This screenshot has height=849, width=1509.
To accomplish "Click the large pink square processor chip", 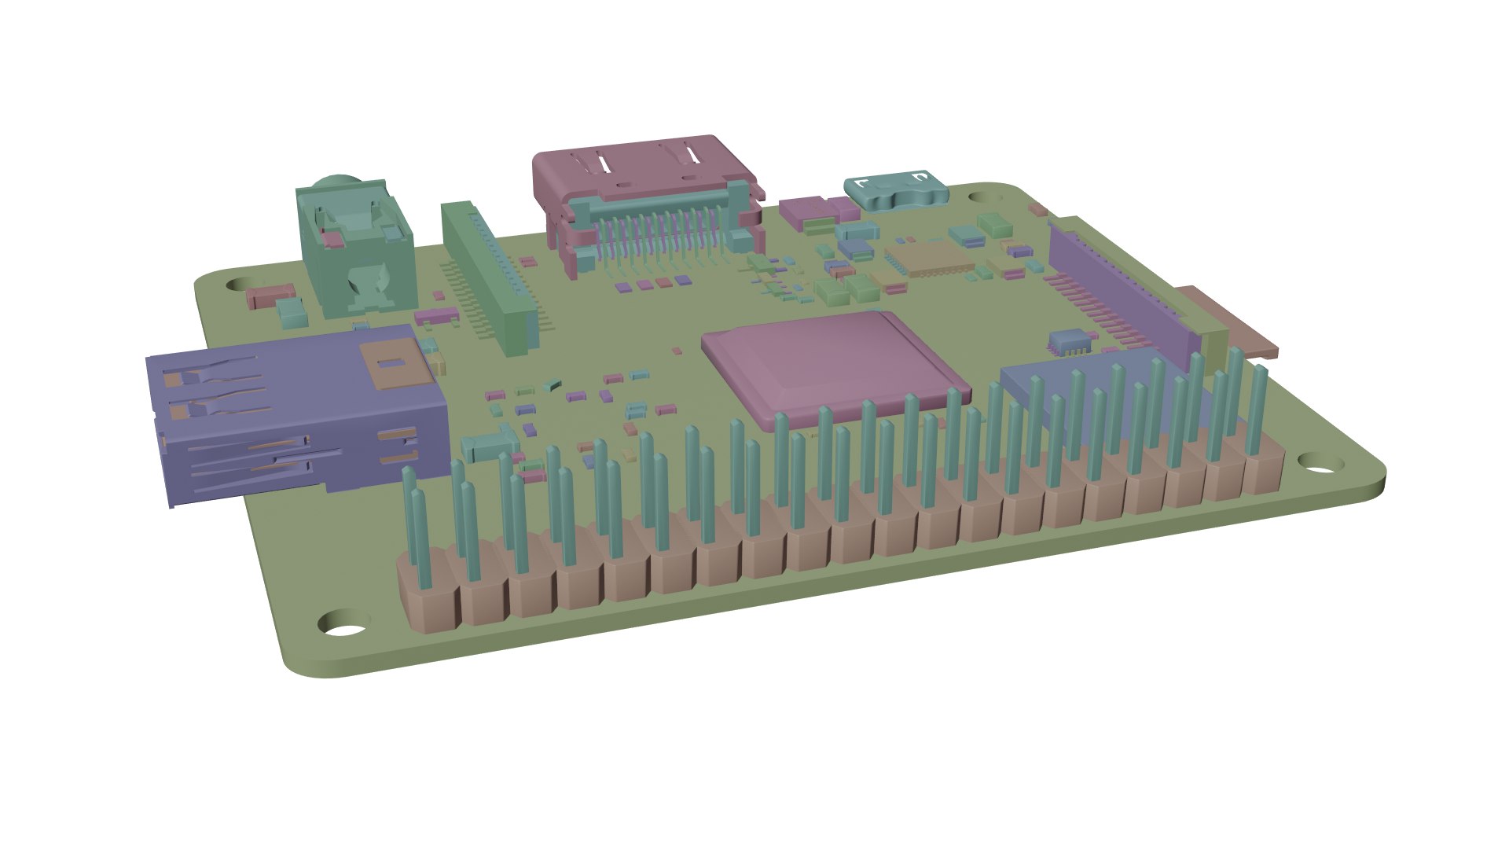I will [833, 366].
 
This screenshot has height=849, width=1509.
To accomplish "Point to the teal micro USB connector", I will [896, 191].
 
